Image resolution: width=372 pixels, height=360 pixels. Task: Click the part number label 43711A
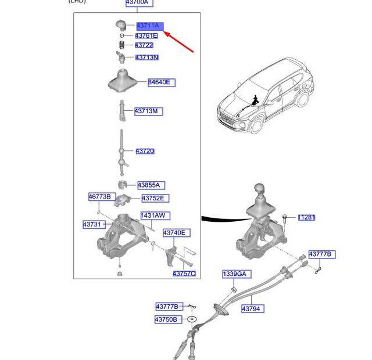(150, 26)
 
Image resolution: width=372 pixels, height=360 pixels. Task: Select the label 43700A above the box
(137, 2)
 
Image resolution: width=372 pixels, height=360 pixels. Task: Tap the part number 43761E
(146, 36)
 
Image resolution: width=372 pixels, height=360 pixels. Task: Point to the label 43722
(144, 45)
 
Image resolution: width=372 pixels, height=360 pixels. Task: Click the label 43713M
(148, 111)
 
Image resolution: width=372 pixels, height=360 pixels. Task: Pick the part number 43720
(145, 152)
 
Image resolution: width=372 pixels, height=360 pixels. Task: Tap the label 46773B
(99, 197)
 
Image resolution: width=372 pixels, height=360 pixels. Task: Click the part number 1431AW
(155, 215)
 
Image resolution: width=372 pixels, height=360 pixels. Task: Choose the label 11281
(306, 218)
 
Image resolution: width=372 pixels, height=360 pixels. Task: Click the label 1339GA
(234, 273)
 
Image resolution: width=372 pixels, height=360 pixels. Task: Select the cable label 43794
(251, 309)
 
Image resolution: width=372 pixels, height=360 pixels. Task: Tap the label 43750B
(166, 319)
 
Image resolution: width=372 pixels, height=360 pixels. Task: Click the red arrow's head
(166, 34)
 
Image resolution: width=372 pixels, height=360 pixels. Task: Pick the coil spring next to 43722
(121, 45)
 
